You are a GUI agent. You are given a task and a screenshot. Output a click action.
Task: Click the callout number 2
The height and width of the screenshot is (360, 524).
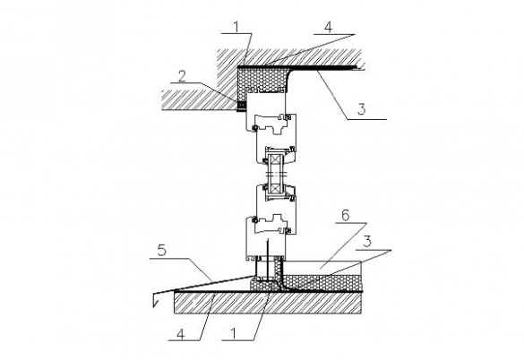[182, 76]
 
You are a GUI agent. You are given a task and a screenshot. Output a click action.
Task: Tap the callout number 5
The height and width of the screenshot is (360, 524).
[162, 250]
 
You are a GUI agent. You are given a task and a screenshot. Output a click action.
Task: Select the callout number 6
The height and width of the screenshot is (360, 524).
[346, 216]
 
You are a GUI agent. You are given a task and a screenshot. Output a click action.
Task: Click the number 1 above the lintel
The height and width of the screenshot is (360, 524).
[237, 27]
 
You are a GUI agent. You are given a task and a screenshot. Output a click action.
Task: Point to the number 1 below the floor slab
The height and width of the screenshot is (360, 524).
[234, 333]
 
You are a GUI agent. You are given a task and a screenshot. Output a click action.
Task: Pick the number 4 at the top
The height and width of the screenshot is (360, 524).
[329, 27]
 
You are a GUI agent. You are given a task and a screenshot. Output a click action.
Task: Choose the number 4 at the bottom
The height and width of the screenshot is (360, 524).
[180, 334]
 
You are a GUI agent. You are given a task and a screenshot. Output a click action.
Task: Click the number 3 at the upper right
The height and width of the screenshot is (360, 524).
[362, 109]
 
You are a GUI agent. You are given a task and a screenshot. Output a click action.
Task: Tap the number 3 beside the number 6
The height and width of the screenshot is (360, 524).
[367, 241]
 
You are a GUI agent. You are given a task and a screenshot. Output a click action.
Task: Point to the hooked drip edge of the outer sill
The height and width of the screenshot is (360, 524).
[155, 300]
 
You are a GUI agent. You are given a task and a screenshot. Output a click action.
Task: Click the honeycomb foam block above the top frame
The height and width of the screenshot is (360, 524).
[263, 79]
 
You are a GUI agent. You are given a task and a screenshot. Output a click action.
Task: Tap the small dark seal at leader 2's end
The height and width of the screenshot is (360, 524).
[241, 107]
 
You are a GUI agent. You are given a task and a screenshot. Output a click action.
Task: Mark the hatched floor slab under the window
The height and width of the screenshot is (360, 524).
[268, 304]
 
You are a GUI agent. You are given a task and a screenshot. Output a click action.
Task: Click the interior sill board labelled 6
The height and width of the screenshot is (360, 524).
[322, 268]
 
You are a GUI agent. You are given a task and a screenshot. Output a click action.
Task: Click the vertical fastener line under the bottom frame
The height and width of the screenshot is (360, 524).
[268, 260]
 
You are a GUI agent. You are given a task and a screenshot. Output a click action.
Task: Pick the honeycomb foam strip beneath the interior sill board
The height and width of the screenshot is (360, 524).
[322, 282]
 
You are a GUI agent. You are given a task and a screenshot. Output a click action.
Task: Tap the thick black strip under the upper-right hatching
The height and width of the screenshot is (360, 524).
[337, 69]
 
